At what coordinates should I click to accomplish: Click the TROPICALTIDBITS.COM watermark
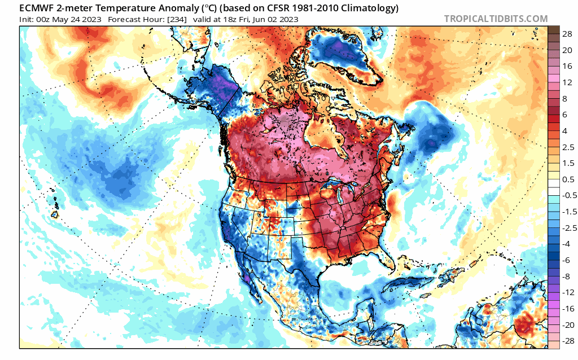point(496,19)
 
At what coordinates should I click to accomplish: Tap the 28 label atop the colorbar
point(567,34)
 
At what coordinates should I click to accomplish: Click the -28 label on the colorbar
point(566,340)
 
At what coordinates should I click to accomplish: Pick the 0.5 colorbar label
point(567,179)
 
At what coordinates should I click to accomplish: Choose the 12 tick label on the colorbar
point(567,82)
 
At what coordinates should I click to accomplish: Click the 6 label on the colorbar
point(565,115)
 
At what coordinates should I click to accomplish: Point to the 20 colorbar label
point(567,50)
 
